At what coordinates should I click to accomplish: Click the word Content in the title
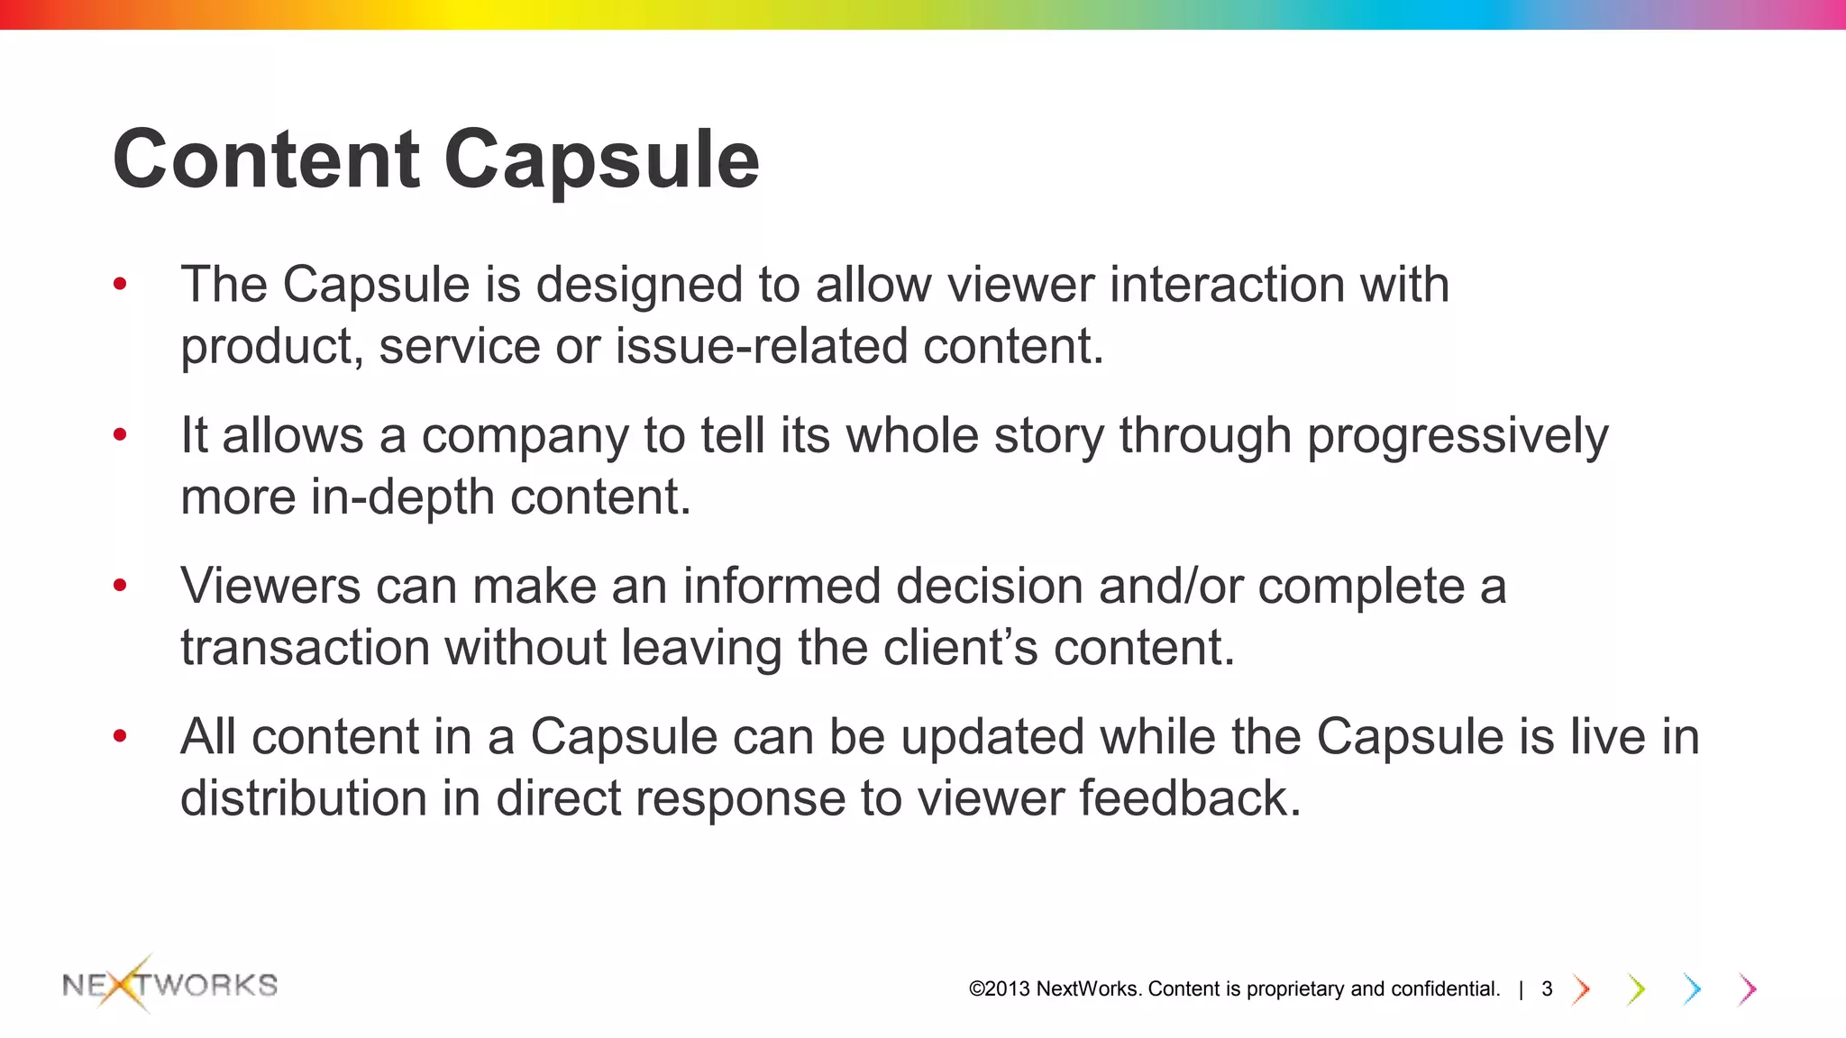coord(267,159)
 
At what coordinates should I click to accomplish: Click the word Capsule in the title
coord(601,159)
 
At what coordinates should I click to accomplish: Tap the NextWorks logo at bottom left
coord(169,984)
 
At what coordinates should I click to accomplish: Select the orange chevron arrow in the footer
coord(1580,989)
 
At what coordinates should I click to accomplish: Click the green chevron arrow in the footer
coord(1636,989)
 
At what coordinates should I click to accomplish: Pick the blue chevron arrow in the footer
coord(1692,989)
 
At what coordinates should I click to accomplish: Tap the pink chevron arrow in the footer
coord(1748,989)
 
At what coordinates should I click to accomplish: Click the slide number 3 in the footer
coord(1547,989)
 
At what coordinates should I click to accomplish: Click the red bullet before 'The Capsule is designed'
coord(120,286)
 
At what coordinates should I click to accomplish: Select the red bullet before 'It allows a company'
coord(120,436)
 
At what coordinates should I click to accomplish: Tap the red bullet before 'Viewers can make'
coord(120,587)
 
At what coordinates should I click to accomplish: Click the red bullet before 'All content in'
coord(120,737)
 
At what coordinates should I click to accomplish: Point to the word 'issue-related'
coord(761,347)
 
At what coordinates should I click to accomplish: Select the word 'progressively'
coord(1457,437)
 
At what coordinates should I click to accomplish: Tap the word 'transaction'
coord(305,648)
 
